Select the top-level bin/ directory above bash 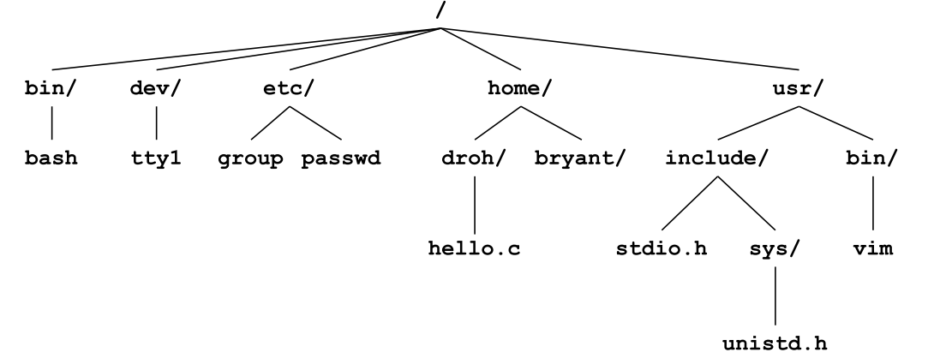(53, 90)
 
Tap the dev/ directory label (157, 90)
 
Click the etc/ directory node (289, 90)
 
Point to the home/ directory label (518, 90)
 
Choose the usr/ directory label (800, 90)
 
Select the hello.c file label (475, 249)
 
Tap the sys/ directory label (774, 249)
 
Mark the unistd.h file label (774, 345)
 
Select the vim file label (873, 249)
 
